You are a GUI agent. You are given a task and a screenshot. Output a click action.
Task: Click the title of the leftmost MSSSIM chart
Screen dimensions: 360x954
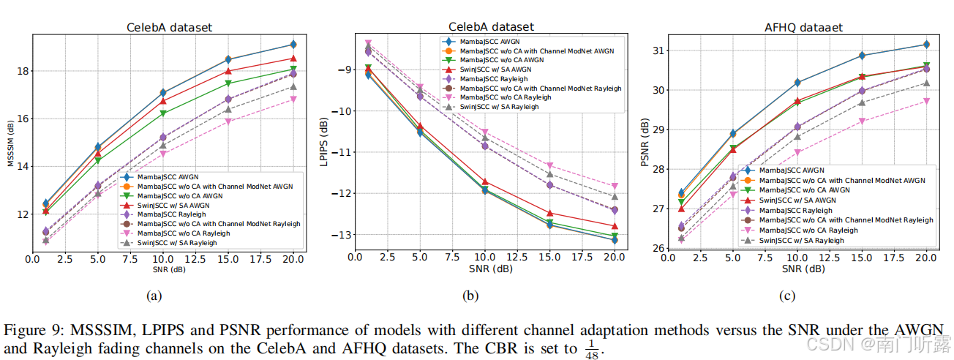pos(169,28)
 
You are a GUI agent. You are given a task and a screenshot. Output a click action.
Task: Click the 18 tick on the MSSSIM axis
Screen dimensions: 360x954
pos(20,71)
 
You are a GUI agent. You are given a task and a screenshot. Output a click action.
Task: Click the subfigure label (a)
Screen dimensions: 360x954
pos(153,296)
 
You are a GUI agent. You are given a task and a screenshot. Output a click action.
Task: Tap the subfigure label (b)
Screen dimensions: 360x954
pos(470,296)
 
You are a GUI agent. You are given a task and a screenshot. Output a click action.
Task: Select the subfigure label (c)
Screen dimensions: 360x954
pos(787,296)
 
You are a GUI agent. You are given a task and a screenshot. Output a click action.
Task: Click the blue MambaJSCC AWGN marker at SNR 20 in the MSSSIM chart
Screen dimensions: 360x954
pos(293,45)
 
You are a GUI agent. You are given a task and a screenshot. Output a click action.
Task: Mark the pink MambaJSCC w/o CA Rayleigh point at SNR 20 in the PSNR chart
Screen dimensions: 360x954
pos(925,101)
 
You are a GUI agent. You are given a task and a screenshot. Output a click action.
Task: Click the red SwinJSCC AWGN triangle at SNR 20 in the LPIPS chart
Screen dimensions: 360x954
pos(615,226)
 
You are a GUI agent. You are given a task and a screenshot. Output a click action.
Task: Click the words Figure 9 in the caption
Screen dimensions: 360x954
pos(29,330)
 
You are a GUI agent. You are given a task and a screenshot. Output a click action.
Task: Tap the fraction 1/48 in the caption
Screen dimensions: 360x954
pos(591,348)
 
